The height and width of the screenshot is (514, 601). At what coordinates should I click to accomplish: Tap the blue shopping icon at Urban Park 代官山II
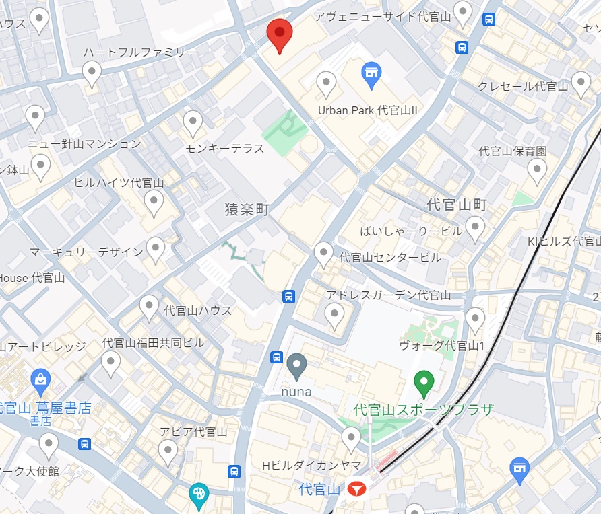pos(371,75)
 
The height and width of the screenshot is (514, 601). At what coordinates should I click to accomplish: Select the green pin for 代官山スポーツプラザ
pos(423,383)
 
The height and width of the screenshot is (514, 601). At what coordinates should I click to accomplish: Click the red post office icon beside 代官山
pos(357,489)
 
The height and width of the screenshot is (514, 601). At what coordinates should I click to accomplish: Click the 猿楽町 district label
pos(247,210)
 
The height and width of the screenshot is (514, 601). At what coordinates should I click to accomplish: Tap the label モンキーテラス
pos(224,148)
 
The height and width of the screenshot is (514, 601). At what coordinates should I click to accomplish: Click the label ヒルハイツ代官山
pos(119,182)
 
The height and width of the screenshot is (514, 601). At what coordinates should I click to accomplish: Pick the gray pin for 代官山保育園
pos(537,171)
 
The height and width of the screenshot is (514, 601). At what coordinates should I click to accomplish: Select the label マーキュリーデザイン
pos(86,252)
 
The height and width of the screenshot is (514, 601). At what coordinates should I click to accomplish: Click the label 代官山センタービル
pos(390,257)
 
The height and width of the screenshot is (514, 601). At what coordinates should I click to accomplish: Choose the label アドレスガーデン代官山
pos(388,295)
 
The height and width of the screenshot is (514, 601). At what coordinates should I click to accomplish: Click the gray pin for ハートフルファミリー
pos(92,72)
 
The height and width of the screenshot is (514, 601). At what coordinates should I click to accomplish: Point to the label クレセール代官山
pos(523,86)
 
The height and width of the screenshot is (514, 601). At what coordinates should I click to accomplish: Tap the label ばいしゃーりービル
pos(402,231)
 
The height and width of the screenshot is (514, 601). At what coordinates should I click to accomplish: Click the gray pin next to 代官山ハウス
pos(149,307)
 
